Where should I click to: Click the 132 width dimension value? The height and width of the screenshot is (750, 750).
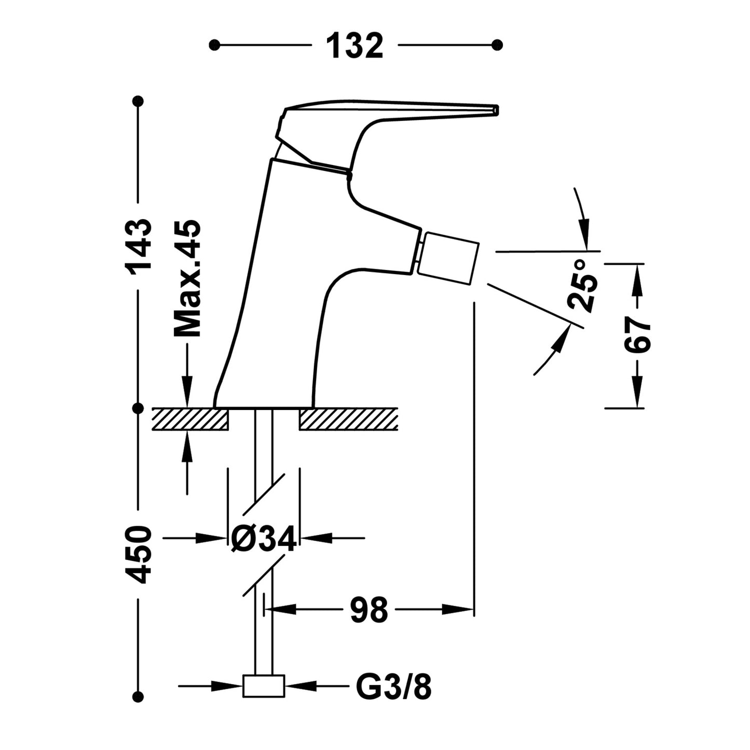354,46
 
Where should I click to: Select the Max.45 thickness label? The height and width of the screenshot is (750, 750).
187,278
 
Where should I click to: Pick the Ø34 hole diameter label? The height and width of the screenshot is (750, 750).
264,539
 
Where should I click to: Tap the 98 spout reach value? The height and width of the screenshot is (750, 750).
369,609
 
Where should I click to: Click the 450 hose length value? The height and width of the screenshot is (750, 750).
139,554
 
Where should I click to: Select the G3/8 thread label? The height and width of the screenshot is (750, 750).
393,687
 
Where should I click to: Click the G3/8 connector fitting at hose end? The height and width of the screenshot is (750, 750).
264,686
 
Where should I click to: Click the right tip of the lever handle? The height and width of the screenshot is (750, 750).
495,110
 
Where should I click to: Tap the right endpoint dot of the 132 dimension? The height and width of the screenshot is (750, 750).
497,45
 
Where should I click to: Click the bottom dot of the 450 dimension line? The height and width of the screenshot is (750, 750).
138,697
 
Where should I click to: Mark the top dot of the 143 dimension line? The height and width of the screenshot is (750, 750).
138,101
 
